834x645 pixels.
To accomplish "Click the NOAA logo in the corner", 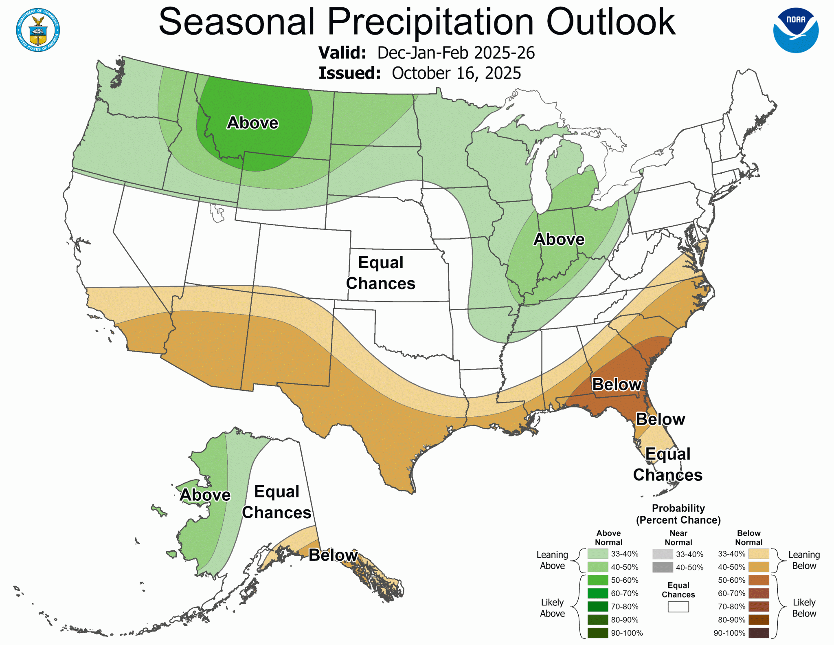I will click(x=796, y=30).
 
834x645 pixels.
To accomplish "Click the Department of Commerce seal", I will click(x=38, y=30).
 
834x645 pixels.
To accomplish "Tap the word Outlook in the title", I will click(x=610, y=22).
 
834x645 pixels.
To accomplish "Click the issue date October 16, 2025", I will click(x=456, y=73).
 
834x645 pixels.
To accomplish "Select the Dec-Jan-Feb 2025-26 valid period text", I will click(x=456, y=53).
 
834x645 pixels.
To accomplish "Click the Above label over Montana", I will click(x=252, y=123).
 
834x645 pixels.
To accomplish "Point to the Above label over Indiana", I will click(x=559, y=239).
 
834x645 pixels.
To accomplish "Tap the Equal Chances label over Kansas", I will click(x=380, y=273).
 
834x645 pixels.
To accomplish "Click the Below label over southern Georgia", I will click(x=617, y=384).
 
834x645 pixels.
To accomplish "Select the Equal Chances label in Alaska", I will click(x=277, y=502).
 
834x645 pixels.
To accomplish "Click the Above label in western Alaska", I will click(x=205, y=495).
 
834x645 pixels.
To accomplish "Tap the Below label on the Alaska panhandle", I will click(x=333, y=555).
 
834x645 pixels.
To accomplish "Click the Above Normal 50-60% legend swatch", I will click(x=597, y=580).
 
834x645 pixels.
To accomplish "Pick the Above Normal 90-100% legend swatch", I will click(x=597, y=633).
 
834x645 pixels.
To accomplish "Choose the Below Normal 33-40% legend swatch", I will click(x=759, y=554).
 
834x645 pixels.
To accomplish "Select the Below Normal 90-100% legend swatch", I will click(x=759, y=633).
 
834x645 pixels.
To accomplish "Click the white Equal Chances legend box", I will click(x=678, y=607).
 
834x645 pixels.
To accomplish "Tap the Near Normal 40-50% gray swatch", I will click(x=663, y=567).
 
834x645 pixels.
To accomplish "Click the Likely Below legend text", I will click(x=804, y=608).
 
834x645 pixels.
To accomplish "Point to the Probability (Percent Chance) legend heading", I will click(x=678, y=514).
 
